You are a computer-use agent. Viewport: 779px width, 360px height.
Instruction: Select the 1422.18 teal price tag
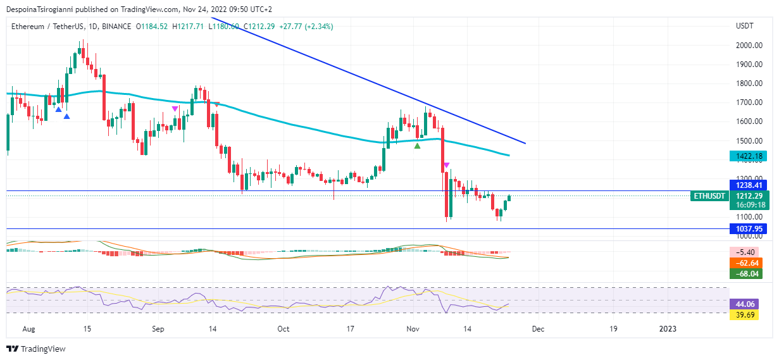click(x=747, y=156)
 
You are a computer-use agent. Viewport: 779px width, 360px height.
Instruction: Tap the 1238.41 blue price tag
click(x=747, y=185)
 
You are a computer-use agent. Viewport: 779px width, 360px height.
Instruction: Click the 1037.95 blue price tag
click(x=747, y=228)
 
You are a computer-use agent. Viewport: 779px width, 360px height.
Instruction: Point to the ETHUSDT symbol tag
click(x=709, y=196)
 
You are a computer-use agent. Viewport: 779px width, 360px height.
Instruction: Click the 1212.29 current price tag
click(x=747, y=196)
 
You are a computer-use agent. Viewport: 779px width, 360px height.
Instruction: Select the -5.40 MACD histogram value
click(x=745, y=251)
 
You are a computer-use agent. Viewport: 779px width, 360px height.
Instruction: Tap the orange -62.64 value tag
click(x=745, y=263)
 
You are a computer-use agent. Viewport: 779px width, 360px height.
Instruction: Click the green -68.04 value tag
click(x=745, y=274)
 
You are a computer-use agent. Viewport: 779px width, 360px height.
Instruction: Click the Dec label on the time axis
click(x=537, y=329)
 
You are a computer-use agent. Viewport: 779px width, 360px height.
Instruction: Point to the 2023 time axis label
click(x=667, y=329)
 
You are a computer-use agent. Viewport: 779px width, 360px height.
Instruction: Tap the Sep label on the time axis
click(x=158, y=329)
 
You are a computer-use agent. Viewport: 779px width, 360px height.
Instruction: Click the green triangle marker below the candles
click(x=417, y=146)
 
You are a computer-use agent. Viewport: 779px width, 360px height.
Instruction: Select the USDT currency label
click(x=744, y=26)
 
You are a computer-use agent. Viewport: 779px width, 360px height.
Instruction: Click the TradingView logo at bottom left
click(x=35, y=349)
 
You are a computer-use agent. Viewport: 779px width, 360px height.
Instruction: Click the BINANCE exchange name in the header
click(x=115, y=26)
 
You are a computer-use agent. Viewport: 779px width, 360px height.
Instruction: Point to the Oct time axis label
click(x=283, y=329)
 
